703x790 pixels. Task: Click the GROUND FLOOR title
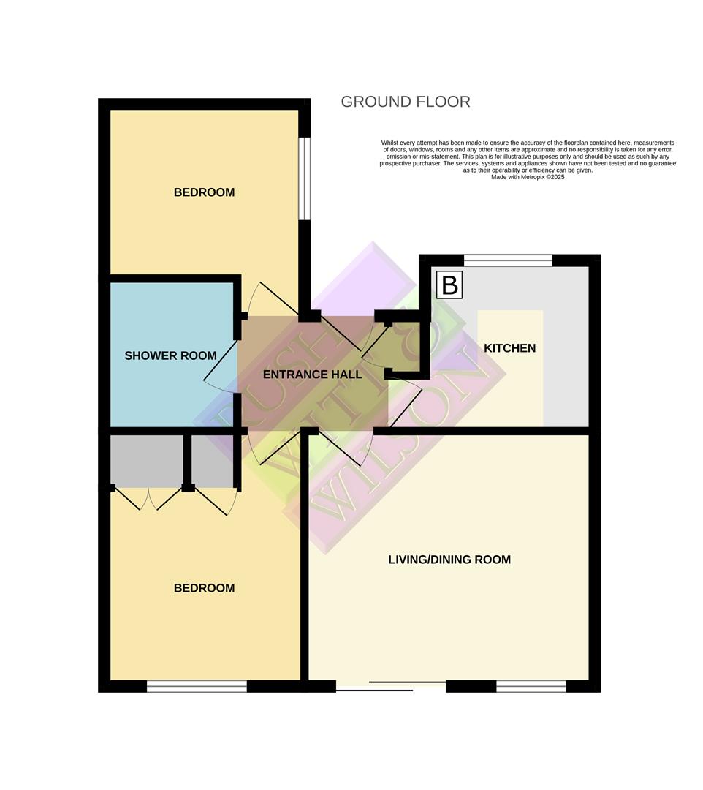(x=405, y=102)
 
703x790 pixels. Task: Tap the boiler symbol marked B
(x=449, y=285)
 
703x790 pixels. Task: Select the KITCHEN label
(x=509, y=348)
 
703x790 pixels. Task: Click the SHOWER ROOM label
(x=170, y=355)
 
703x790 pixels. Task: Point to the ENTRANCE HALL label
(x=312, y=375)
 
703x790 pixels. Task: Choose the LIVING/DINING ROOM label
(x=449, y=560)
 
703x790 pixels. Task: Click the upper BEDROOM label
(x=204, y=192)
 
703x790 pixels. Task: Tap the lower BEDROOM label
(x=204, y=588)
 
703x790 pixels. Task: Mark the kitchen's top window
(x=508, y=260)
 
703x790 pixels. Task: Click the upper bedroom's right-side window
(x=305, y=178)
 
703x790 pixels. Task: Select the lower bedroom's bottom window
(x=197, y=686)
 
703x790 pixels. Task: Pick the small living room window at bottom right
(x=531, y=686)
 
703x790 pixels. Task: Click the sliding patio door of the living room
(x=391, y=686)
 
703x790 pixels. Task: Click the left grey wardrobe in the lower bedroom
(x=146, y=461)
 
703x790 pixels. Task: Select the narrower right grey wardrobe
(x=213, y=461)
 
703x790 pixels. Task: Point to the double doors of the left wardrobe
(x=148, y=500)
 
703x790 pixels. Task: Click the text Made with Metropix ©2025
(x=527, y=177)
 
